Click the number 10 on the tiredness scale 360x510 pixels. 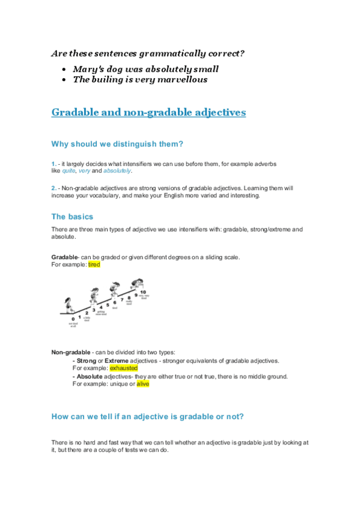(142, 292)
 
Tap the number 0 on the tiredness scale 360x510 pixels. (73, 318)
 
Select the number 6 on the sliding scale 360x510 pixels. (115, 303)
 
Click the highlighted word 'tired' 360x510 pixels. (94, 264)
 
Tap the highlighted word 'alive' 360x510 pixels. (142, 383)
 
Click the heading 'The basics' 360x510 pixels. (72, 217)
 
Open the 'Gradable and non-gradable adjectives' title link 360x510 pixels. (148, 112)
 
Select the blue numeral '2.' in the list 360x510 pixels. (54, 188)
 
